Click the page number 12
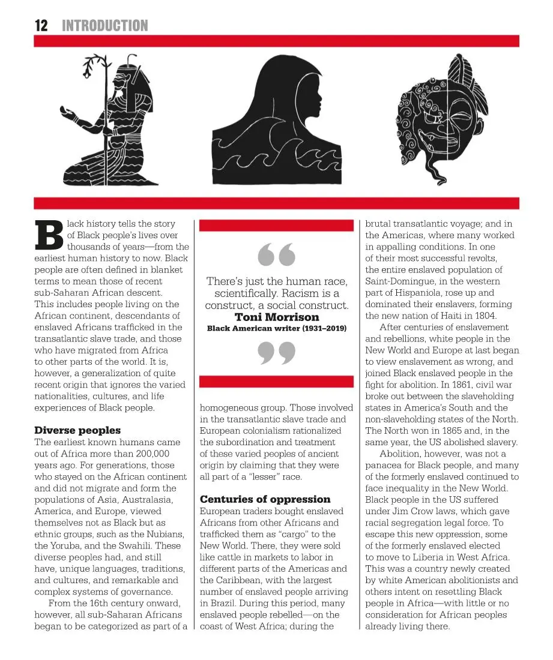[41, 25]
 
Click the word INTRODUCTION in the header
[104, 25]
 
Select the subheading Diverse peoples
[77, 430]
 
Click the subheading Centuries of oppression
[265, 499]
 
